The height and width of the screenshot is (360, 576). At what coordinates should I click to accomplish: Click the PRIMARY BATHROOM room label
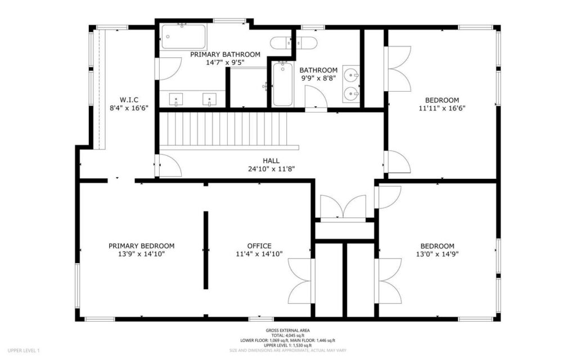click(x=225, y=55)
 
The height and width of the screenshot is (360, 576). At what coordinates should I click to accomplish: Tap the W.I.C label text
click(x=129, y=100)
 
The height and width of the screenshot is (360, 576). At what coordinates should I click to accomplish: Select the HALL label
click(x=271, y=160)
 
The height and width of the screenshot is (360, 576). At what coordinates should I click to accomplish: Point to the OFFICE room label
click(x=259, y=246)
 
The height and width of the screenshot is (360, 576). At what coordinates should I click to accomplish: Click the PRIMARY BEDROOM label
click(x=141, y=246)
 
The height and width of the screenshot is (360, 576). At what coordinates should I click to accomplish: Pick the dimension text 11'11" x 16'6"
click(x=442, y=108)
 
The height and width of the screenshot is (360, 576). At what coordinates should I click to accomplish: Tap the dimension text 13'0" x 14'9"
click(x=437, y=254)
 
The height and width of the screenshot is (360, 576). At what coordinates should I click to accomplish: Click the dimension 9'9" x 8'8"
click(x=318, y=79)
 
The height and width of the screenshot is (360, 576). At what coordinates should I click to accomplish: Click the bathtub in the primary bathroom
click(x=183, y=37)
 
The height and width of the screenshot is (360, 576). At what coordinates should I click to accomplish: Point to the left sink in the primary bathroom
click(x=176, y=99)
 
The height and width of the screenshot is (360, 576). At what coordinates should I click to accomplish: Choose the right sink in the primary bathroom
click(x=210, y=99)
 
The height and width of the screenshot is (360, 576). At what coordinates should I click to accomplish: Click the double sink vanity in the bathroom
click(x=351, y=83)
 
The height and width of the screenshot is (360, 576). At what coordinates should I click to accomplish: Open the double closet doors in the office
click(x=301, y=280)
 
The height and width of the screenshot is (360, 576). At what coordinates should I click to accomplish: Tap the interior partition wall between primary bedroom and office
click(x=206, y=250)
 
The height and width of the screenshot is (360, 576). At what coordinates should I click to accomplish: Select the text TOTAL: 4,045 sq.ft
click(x=287, y=335)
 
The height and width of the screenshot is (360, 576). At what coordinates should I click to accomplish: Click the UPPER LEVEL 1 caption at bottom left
click(x=24, y=350)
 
